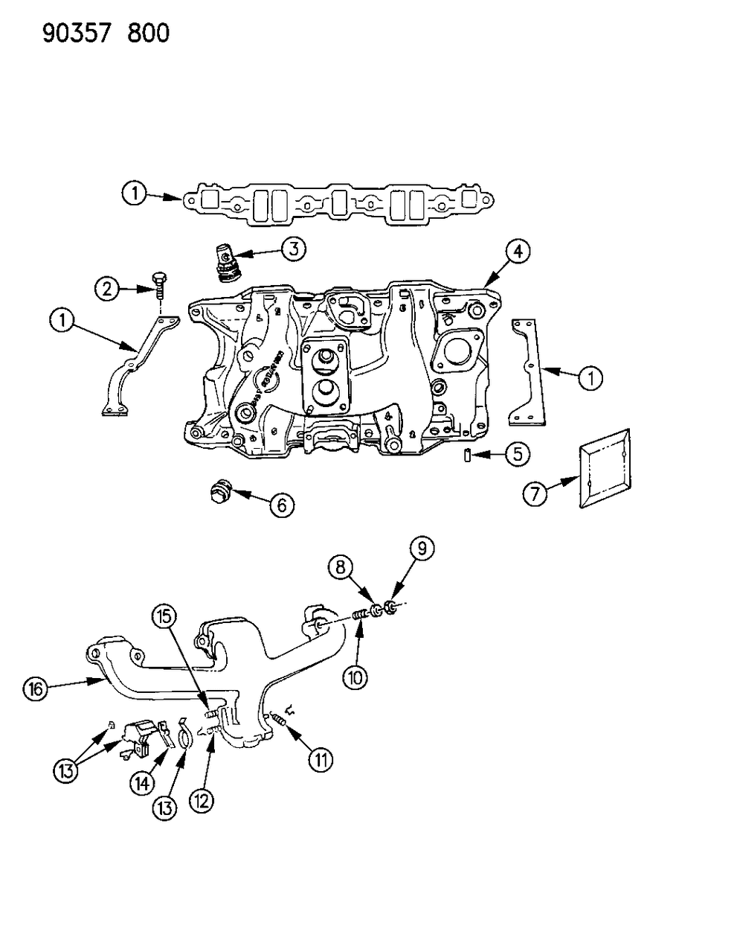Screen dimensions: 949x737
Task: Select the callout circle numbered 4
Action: pos(518,252)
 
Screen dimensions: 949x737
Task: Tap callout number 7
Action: pos(535,493)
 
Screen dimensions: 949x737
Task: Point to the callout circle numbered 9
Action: pos(421,549)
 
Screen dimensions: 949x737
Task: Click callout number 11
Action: pos(321,759)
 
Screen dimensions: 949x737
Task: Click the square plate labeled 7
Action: pos(604,469)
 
